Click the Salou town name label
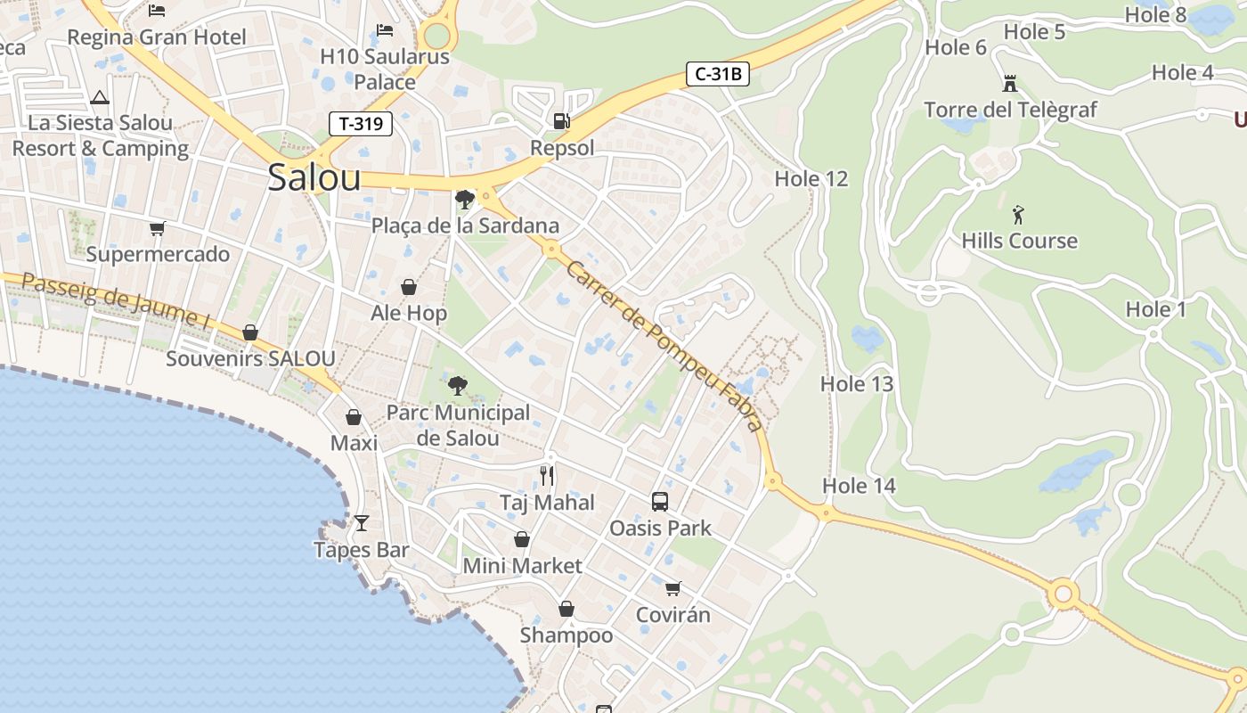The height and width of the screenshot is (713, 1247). [x=314, y=178]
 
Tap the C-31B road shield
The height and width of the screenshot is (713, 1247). [x=717, y=74]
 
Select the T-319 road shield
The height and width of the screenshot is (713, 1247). [x=361, y=124]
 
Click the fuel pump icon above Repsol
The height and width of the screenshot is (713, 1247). [x=561, y=120]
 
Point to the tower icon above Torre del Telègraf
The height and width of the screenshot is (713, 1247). [x=1010, y=84]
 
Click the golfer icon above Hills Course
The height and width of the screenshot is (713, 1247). [x=1019, y=215]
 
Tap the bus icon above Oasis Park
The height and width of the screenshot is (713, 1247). [x=660, y=502]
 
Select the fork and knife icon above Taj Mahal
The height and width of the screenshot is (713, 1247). [x=547, y=476]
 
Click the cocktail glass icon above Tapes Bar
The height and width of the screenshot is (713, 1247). [x=362, y=523]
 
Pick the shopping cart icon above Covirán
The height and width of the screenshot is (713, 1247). [x=673, y=588]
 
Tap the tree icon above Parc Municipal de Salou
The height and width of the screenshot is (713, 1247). [x=458, y=386]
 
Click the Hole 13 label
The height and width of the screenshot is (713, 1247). [x=856, y=384]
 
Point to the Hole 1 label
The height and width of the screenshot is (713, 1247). [x=1156, y=309]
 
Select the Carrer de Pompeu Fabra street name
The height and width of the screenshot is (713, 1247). [x=664, y=346]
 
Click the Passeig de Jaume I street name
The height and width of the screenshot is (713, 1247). [x=116, y=300]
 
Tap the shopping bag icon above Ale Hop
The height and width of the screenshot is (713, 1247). [x=409, y=287]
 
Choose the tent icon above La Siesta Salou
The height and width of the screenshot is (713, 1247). [x=100, y=97]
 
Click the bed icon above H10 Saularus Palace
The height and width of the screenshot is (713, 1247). [x=385, y=30]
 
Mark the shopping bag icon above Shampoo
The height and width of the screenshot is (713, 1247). [x=566, y=609]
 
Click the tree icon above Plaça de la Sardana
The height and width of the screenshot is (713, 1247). [x=464, y=199]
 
